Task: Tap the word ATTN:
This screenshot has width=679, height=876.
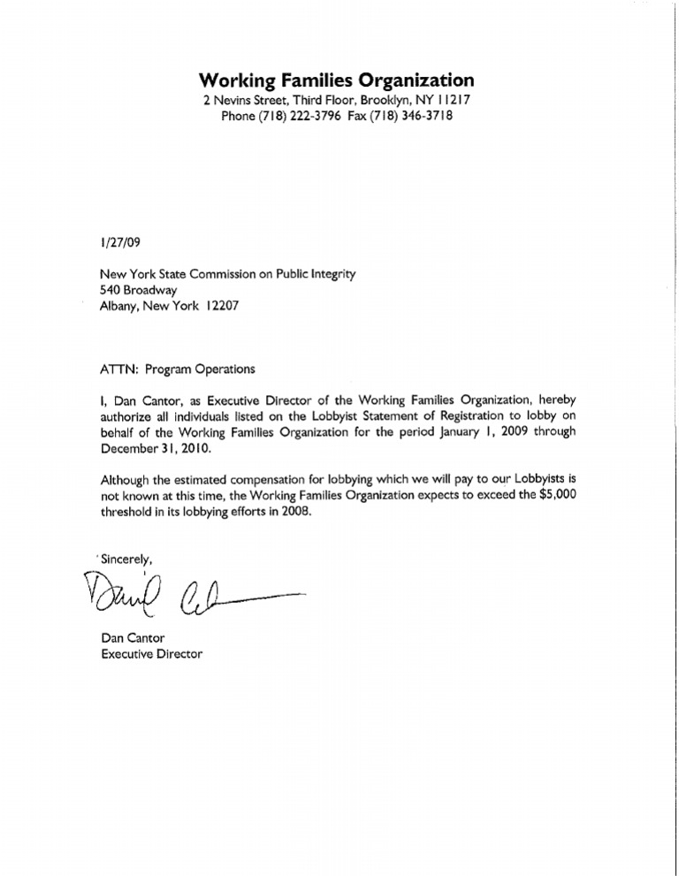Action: [x=121, y=369]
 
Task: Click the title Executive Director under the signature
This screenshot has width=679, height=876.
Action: [x=153, y=655]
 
